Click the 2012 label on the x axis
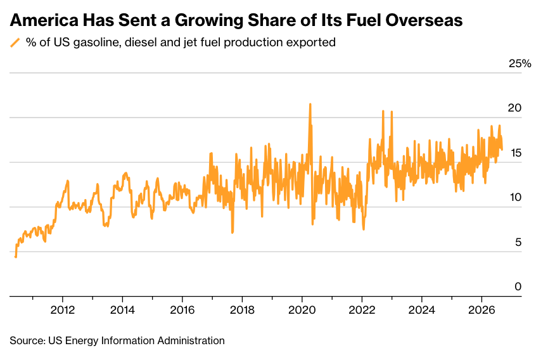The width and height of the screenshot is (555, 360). click(x=63, y=310)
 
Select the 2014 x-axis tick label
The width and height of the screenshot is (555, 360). click(x=122, y=310)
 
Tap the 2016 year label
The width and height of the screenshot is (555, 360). click(x=182, y=310)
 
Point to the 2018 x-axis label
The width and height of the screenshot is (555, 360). click(x=242, y=310)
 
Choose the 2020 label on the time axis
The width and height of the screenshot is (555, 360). click(x=302, y=310)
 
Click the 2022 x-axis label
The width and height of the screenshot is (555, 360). click(x=362, y=310)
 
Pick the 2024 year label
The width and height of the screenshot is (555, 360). click(x=421, y=310)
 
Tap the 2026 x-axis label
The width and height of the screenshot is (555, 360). click(x=482, y=310)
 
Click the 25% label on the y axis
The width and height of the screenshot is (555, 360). click(x=520, y=64)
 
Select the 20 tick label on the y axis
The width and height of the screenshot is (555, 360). click(x=515, y=108)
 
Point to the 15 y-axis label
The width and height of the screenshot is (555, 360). click(x=516, y=153)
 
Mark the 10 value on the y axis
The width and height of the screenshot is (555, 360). click(x=516, y=198)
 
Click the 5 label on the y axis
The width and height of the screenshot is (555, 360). click(x=518, y=243)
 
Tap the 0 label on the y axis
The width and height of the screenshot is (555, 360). click(x=518, y=286)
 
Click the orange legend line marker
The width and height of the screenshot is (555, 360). click(x=15, y=42)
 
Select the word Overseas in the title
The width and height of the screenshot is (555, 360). click(x=424, y=20)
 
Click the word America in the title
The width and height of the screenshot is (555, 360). click(x=44, y=20)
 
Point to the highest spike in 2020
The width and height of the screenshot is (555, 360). click(x=310, y=104)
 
